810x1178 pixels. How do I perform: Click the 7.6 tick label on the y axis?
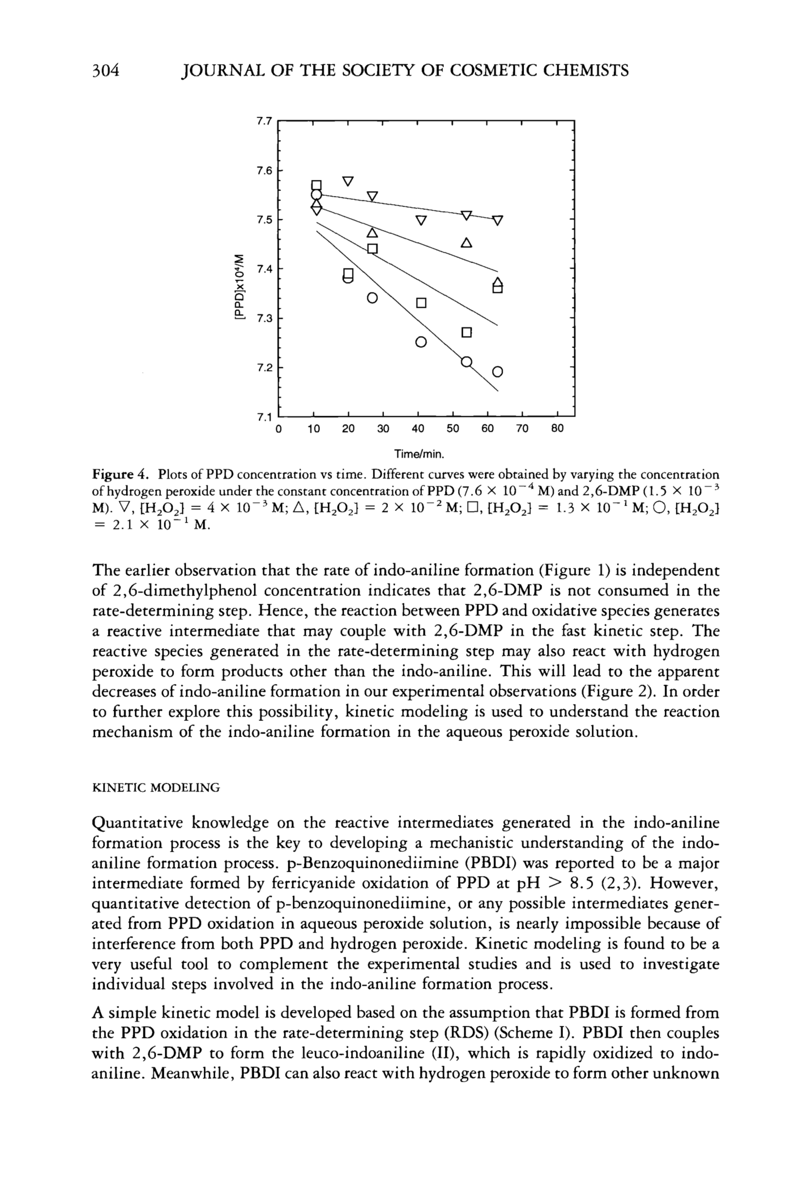point(264,171)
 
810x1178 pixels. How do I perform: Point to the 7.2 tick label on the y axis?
point(264,368)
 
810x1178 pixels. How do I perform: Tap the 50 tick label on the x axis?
point(452,429)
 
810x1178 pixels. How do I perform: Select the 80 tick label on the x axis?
point(557,429)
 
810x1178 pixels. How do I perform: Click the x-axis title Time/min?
point(419,453)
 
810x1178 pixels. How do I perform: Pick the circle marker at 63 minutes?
point(497,371)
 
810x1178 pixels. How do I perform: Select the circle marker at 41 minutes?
point(421,342)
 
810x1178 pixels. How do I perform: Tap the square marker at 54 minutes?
point(466,333)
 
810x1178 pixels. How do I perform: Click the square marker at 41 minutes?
point(421,303)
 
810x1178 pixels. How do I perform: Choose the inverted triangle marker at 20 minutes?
point(348,181)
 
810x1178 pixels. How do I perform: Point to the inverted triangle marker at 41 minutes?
point(421,221)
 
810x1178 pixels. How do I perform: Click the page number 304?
point(105,70)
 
